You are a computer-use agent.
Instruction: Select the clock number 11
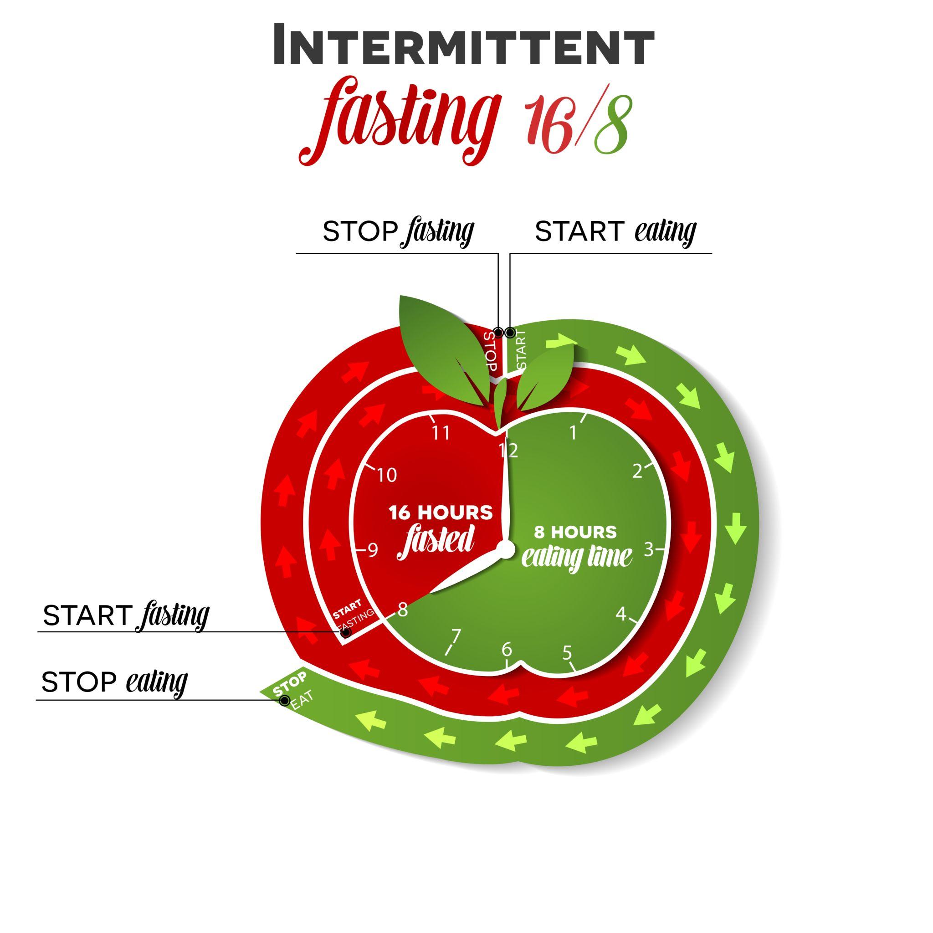point(441,433)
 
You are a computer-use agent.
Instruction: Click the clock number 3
point(649,549)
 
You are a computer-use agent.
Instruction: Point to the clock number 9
point(373,550)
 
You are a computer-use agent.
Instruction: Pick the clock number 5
point(567,653)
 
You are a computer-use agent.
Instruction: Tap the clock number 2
point(637,472)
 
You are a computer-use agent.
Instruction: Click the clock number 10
point(386,476)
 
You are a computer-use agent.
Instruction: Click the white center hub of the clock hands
point(506,549)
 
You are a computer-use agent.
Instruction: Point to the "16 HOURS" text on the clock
point(441,513)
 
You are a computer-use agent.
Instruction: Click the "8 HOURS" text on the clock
point(575,532)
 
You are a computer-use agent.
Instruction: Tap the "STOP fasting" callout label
point(398,232)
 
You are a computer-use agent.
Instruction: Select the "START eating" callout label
point(615,232)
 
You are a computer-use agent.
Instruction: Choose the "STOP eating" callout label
point(114,682)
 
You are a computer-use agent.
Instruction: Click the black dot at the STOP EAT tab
point(285,701)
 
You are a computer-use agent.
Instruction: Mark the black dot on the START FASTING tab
point(346,633)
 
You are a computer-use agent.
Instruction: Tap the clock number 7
point(456,637)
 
